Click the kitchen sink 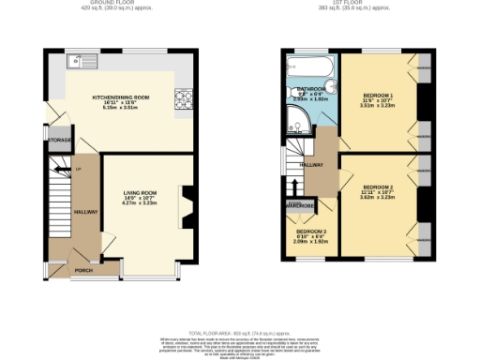pos(80,62)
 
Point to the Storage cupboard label pos(59,140)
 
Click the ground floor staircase pos(58,202)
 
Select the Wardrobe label pos(300,204)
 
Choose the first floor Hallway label pos(311,165)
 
